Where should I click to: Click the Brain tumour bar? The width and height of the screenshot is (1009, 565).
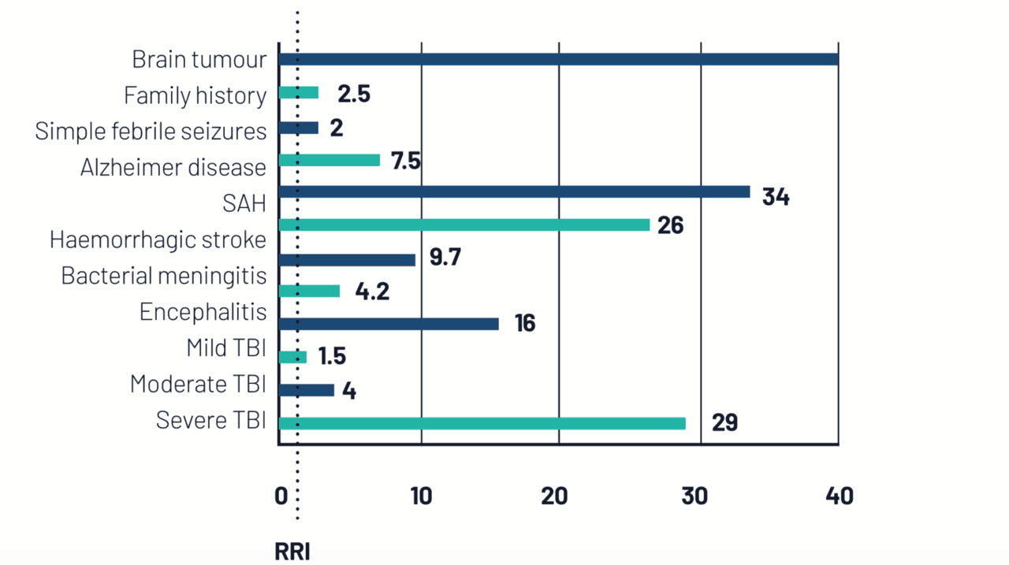click(x=558, y=59)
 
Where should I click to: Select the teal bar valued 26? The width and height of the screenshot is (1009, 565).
click(x=464, y=225)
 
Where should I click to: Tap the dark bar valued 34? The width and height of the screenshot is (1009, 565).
click(x=514, y=191)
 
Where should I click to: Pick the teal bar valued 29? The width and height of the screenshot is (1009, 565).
click(x=482, y=423)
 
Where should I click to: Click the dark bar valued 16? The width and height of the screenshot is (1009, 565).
click(x=389, y=324)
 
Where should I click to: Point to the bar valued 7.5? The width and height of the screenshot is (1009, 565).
click(x=330, y=160)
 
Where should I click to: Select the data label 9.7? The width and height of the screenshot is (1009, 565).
click(x=445, y=258)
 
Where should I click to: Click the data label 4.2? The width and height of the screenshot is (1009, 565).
click(x=373, y=292)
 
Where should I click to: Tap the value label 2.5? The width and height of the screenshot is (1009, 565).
click(x=353, y=94)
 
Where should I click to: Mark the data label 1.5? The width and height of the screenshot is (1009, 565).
click(x=332, y=356)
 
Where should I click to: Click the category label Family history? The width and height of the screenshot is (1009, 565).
click(x=195, y=95)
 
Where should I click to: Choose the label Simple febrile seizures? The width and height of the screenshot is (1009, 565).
click(x=151, y=131)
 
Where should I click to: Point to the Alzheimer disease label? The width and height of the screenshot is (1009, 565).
click(x=173, y=167)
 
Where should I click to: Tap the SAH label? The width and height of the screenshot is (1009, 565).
click(x=244, y=203)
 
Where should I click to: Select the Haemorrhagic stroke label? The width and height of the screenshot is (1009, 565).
click(x=158, y=240)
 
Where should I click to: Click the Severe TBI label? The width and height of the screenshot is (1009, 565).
click(x=210, y=420)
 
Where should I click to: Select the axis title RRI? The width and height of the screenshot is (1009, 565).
click(x=292, y=552)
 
